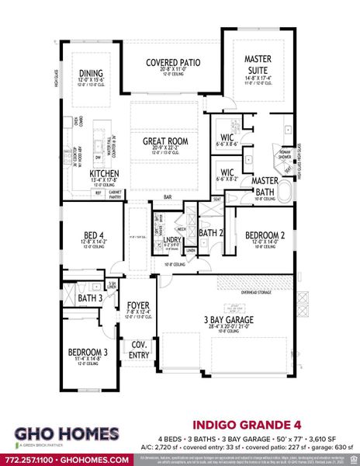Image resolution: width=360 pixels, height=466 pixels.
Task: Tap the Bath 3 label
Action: coord(90,297)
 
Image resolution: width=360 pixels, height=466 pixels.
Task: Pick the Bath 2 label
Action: coord(210,231)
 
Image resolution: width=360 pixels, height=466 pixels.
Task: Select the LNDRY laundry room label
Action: coord(171,239)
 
